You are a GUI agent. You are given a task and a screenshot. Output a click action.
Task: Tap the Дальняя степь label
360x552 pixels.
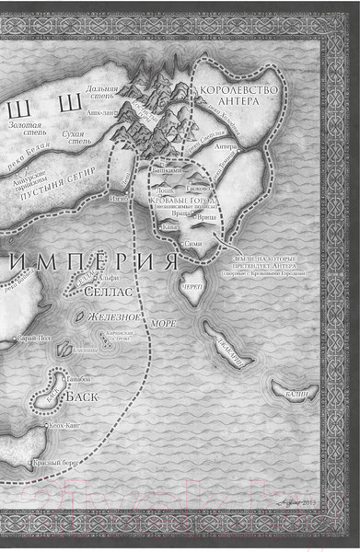click(100, 95)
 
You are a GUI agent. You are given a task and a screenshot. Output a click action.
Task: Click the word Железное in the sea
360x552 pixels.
click(114, 317)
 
